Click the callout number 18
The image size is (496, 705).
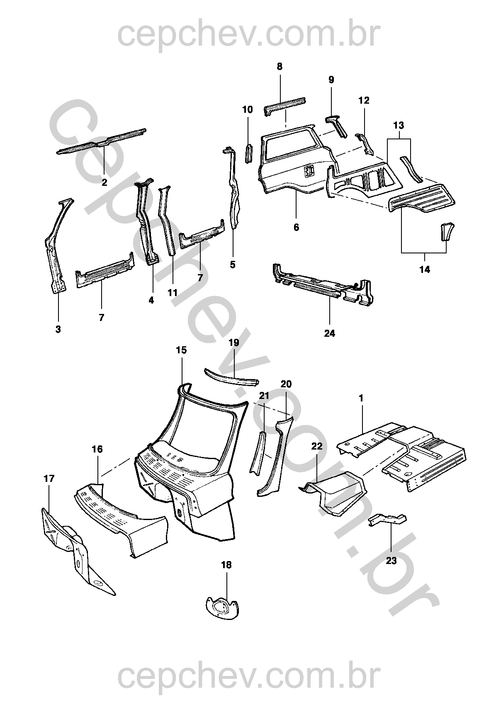227,565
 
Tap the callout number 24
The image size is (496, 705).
330,333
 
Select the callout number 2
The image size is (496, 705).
105,182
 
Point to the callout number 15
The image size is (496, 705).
181,350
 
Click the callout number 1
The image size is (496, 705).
361,398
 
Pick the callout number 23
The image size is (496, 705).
391,561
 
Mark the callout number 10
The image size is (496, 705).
248,110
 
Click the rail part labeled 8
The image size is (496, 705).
285,105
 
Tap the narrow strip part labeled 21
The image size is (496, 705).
257,452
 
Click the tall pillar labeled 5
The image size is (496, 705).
233,191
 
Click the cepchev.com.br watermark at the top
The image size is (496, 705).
248,34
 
